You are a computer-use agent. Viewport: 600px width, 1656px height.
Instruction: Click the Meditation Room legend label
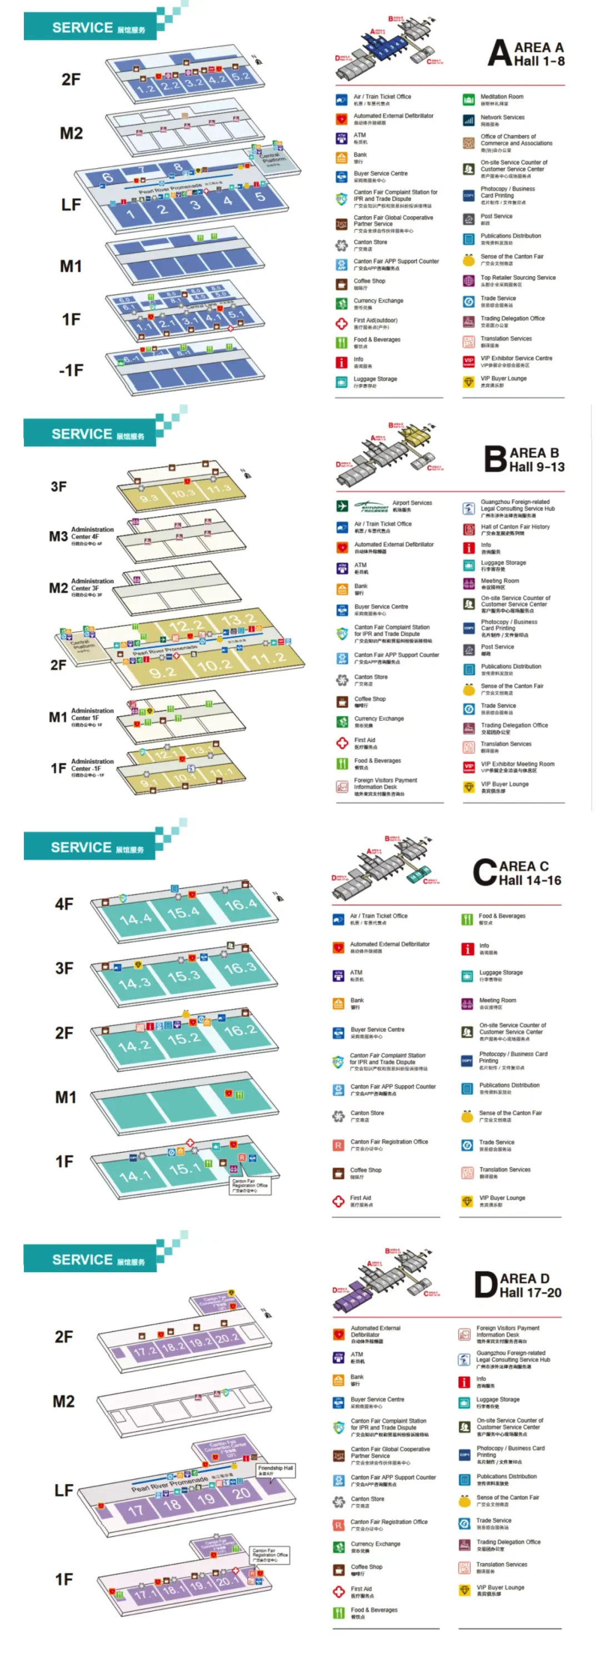[x=502, y=97]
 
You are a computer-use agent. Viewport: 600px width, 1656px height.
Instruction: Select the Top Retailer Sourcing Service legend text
[x=518, y=278]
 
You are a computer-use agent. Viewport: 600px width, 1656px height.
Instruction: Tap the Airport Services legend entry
[x=412, y=503]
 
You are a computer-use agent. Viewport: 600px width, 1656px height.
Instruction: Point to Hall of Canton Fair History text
[x=515, y=527]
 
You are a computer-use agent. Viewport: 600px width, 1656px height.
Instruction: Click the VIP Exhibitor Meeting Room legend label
[x=517, y=764]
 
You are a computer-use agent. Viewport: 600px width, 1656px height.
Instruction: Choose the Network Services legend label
[x=502, y=118]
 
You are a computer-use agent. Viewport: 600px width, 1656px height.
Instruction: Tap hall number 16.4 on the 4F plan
[x=241, y=904]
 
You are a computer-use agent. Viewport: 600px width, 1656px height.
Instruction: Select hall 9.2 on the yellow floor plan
[x=163, y=672]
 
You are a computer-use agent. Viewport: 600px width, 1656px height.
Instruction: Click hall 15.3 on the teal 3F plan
[x=184, y=976]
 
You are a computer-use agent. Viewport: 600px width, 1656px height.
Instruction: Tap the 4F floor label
[x=64, y=904]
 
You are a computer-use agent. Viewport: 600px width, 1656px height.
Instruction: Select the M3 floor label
[x=58, y=536]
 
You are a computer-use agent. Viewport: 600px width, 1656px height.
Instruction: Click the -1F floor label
[x=71, y=371]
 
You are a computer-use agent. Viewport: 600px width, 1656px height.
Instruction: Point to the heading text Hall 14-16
[x=530, y=880]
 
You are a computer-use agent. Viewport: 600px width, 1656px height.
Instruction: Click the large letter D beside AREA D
[x=486, y=1285]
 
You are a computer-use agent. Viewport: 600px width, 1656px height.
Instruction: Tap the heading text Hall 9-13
[x=536, y=467]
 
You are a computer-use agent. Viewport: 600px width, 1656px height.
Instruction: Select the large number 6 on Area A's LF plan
[x=107, y=177]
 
